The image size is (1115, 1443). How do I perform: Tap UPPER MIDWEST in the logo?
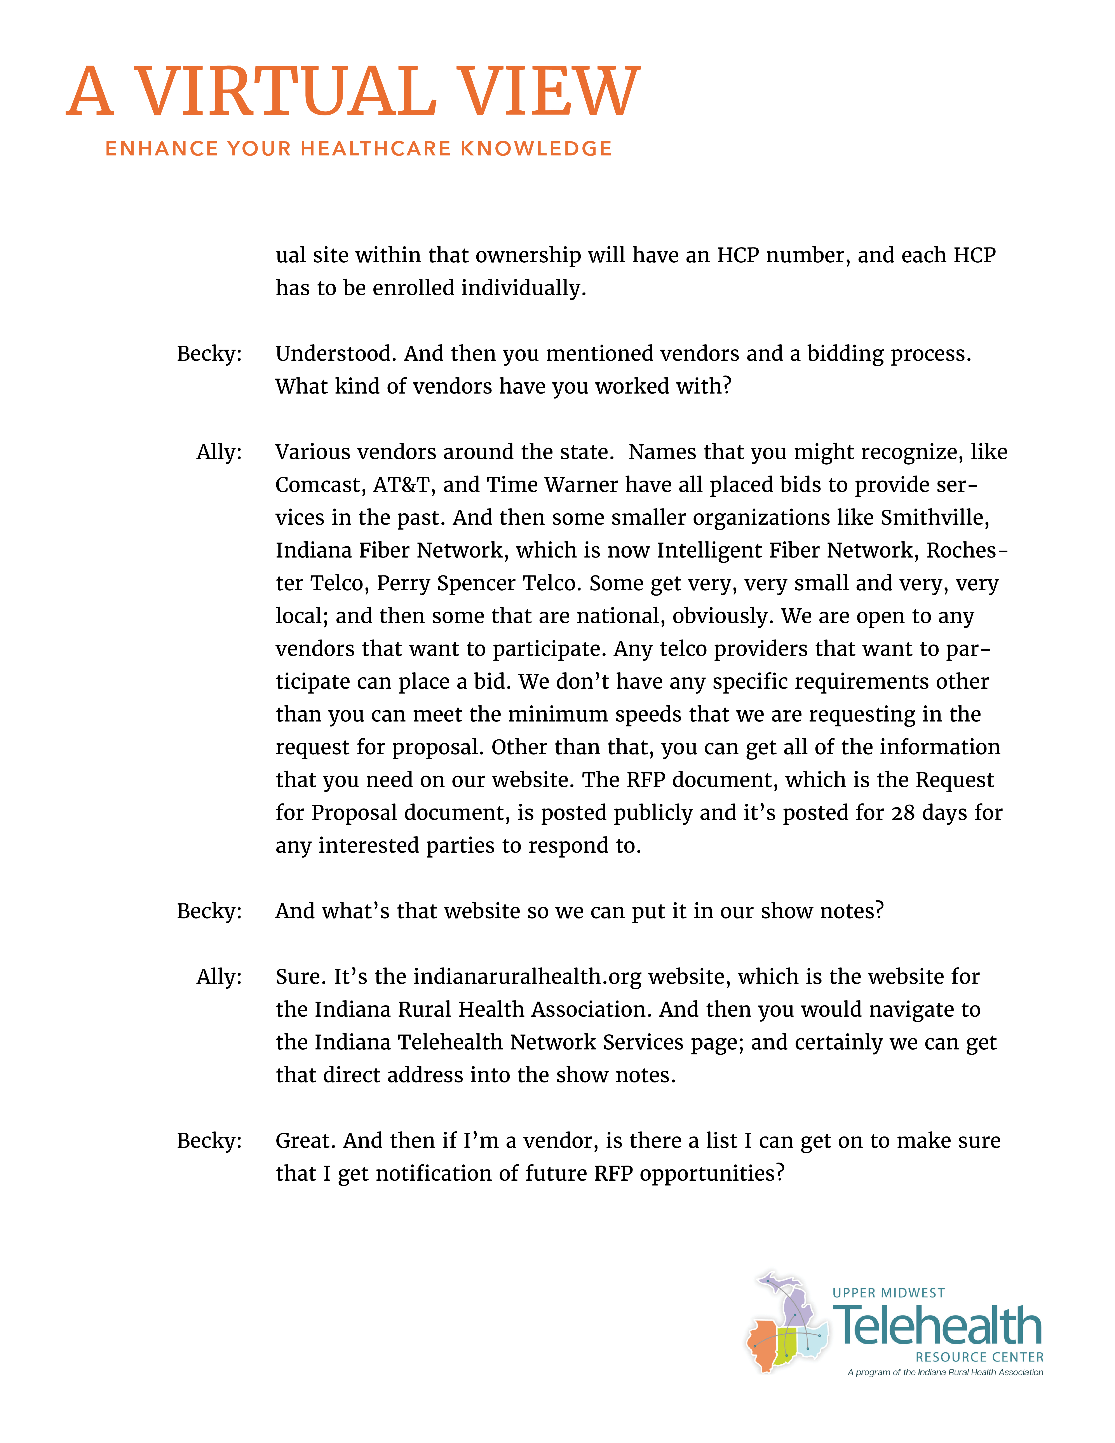pos(889,1293)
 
